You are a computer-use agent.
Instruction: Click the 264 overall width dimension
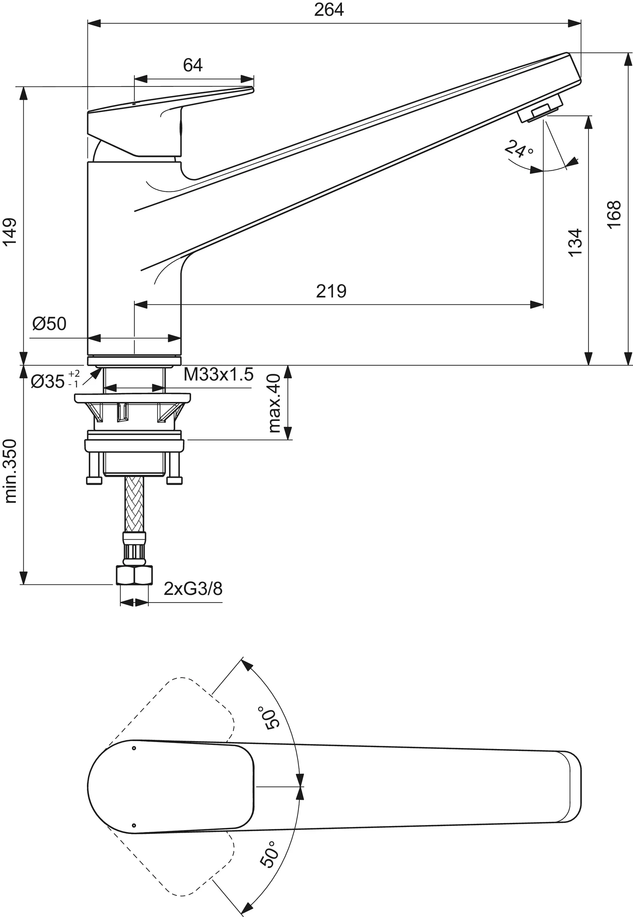click(329, 9)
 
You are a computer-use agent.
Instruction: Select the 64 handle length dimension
click(193, 65)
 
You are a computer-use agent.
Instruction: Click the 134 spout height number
click(575, 243)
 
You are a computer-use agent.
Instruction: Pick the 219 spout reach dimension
click(331, 291)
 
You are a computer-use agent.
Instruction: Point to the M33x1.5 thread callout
click(218, 375)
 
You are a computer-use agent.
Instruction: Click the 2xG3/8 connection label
click(193, 589)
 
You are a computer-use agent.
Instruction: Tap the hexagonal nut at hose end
click(134, 575)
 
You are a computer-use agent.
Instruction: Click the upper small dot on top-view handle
click(134, 748)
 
